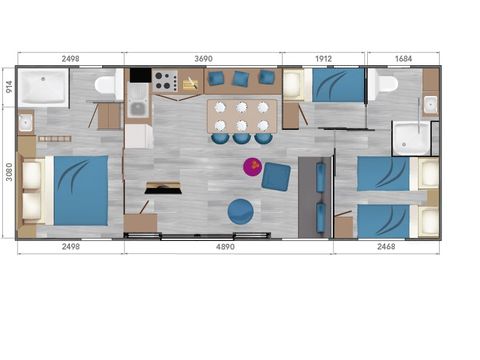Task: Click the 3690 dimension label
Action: pos(203,59)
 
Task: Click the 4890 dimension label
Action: pos(228,246)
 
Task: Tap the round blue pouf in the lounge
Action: pos(240,210)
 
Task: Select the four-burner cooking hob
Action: pos(165,81)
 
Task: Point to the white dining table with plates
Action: pos(240,114)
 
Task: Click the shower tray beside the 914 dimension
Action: pos(43,87)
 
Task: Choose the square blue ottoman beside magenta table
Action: pos(276,175)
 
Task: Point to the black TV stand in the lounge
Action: pos(164,187)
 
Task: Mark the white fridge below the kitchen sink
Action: pos(138,136)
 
